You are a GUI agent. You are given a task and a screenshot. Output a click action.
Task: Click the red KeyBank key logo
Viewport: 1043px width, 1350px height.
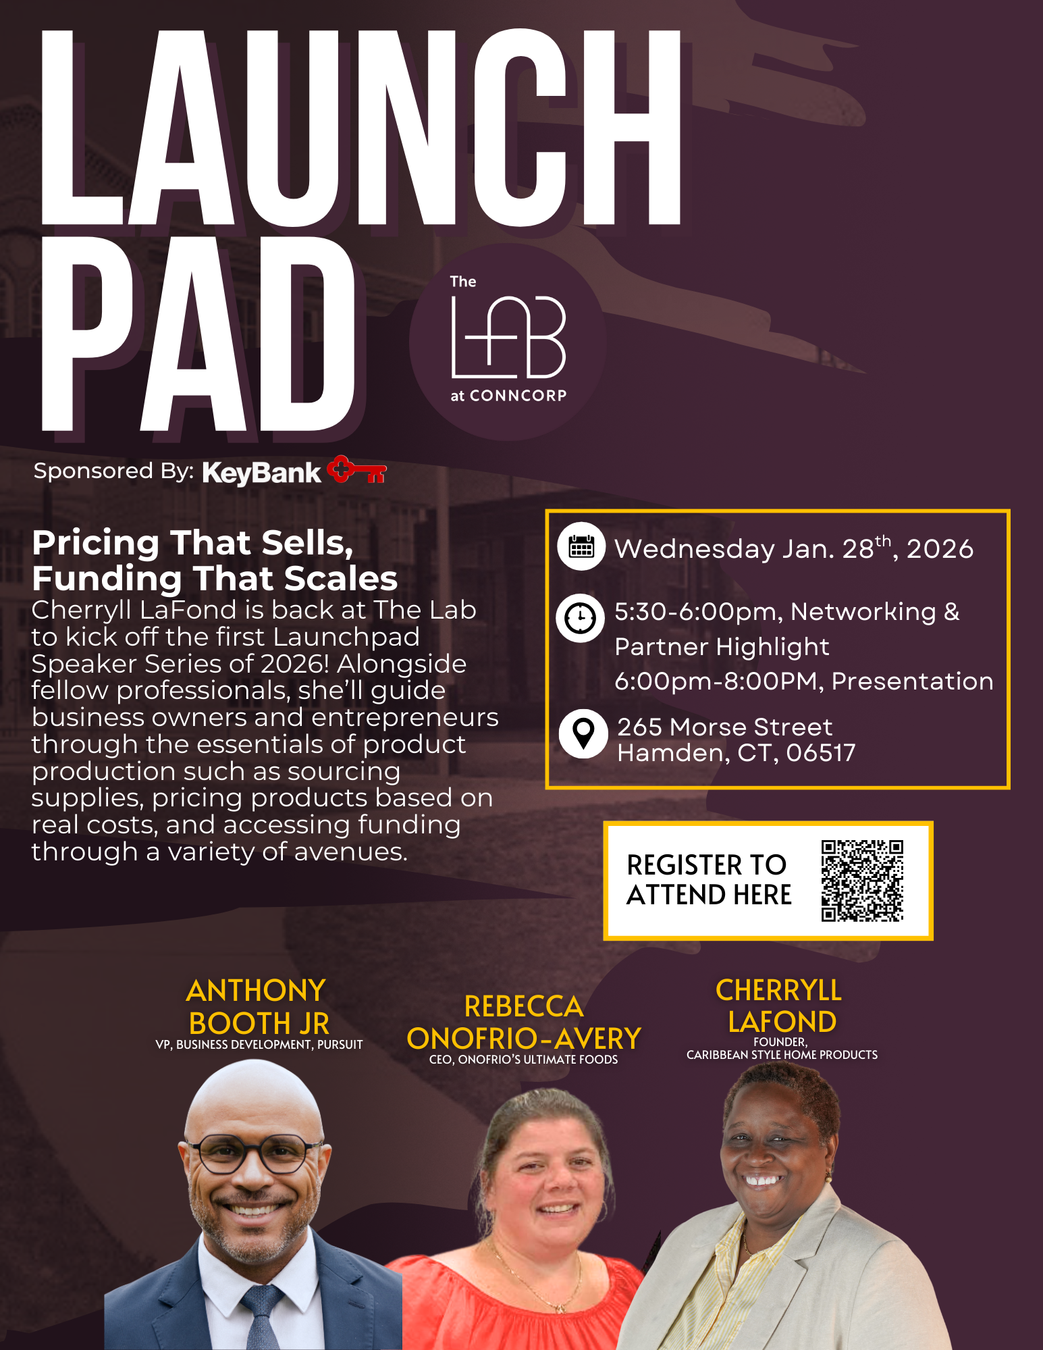[356, 470]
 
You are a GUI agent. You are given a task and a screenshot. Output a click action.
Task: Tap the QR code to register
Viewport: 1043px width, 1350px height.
[862, 881]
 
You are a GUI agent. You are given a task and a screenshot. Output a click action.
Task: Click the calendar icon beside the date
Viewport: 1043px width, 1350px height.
[581, 546]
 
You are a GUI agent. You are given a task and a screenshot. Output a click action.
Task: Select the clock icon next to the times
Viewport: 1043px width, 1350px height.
[580, 618]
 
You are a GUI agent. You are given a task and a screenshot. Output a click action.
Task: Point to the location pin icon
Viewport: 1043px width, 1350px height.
[583, 733]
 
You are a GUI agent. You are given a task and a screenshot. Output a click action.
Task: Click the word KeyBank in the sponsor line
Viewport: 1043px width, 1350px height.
[261, 473]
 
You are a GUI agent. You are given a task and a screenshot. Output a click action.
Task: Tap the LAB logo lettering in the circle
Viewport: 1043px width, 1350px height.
[508, 338]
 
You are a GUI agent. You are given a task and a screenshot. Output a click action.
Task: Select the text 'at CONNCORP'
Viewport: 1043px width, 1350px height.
[508, 396]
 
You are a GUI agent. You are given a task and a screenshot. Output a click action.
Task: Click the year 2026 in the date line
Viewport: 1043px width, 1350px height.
[940, 549]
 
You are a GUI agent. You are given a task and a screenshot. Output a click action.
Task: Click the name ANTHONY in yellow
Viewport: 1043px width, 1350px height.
[256, 991]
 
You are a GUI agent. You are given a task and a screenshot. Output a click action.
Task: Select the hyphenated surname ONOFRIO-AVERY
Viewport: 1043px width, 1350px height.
[524, 1039]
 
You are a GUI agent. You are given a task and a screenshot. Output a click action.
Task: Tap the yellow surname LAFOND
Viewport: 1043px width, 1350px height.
[782, 1022]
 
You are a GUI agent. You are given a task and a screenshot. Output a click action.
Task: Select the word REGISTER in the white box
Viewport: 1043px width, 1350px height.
[680, 865]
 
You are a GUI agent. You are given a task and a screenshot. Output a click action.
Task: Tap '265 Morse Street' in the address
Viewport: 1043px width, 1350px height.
[724, 727]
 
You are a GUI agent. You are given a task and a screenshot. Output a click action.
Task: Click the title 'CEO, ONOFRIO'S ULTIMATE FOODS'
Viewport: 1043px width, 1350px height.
[523, 1060]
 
